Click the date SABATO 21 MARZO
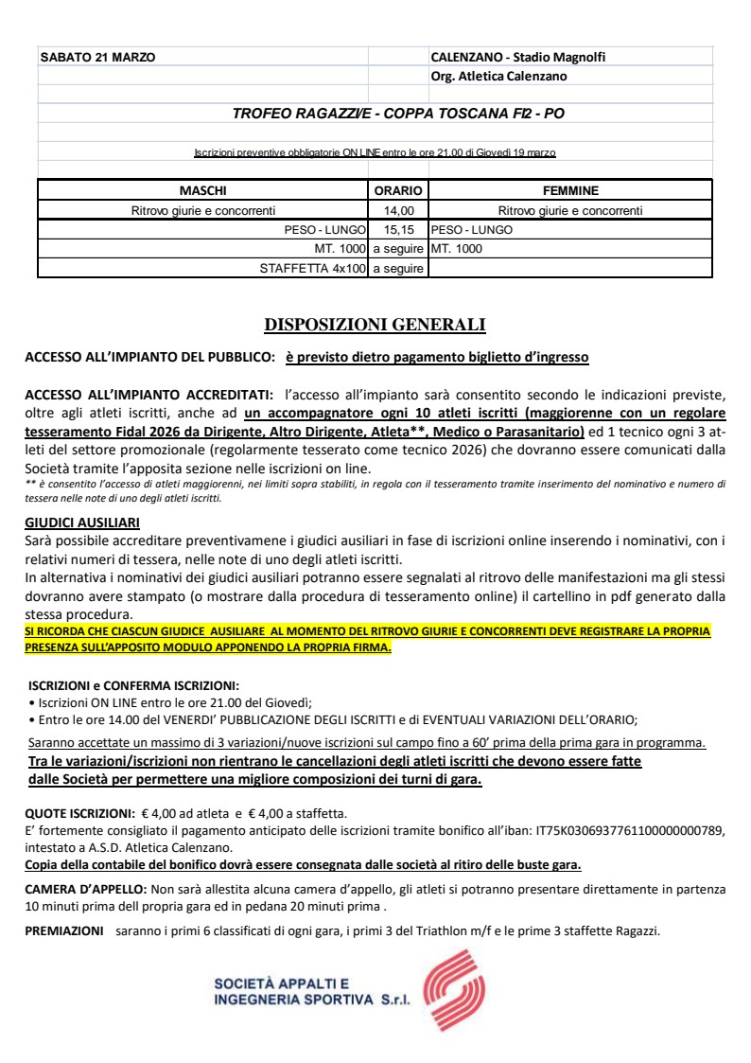[x=97, y=57]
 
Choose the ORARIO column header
[x=398, y=190]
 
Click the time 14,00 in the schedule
[x=398, y=210]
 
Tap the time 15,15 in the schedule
[x=398, y=230]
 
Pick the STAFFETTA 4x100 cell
[x=312, y=269]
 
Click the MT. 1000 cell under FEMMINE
[x=457, y=249]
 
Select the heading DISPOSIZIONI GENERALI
[x=375, y=326]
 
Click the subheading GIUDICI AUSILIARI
[x=82, y=522]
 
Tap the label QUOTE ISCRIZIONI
[x=79, y=813]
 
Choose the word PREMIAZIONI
[x=63, y=930]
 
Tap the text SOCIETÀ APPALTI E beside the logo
[x=269, y=983]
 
